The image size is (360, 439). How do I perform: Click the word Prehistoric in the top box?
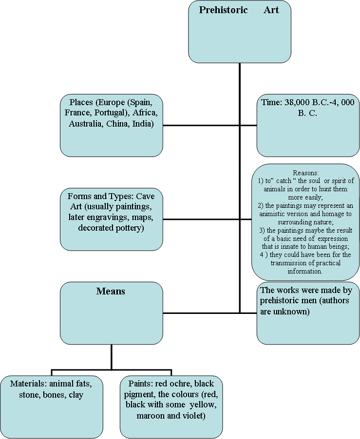tap(223, 10)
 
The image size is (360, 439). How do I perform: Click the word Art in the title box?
tap(271, 10)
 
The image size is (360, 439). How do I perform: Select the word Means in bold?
tap(111, 291)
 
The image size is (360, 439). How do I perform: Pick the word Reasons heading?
tap(305, 173)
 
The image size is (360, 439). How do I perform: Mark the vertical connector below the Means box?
tap(112, 357)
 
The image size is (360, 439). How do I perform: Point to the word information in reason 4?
tap(305, 271)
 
